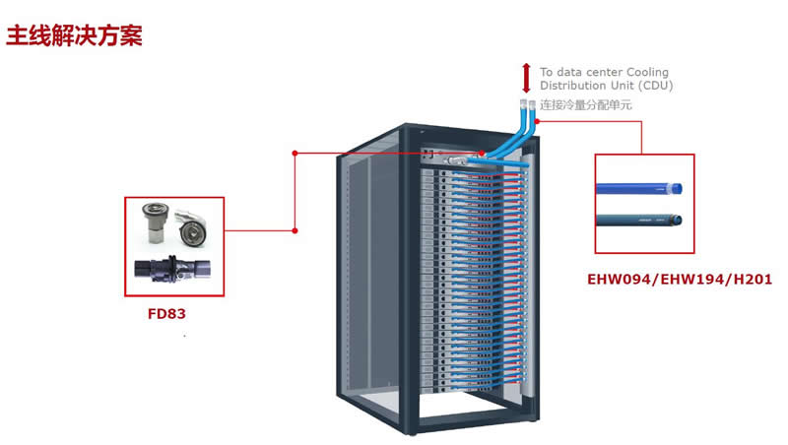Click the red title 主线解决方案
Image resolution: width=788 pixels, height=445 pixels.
click(75, 36)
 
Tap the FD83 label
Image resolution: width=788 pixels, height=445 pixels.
click(166, 316)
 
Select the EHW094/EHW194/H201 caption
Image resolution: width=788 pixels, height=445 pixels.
click(680, 281)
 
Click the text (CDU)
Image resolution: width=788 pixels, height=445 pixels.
click(655, 86)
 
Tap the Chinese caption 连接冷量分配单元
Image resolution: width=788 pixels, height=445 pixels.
click(585, 104)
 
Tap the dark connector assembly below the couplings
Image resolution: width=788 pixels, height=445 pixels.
click(173, 269)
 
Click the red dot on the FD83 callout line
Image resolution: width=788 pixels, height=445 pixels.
click(295, 230)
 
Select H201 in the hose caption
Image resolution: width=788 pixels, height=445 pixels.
click(751, 281)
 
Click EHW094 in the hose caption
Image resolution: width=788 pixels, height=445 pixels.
click(616, 281)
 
